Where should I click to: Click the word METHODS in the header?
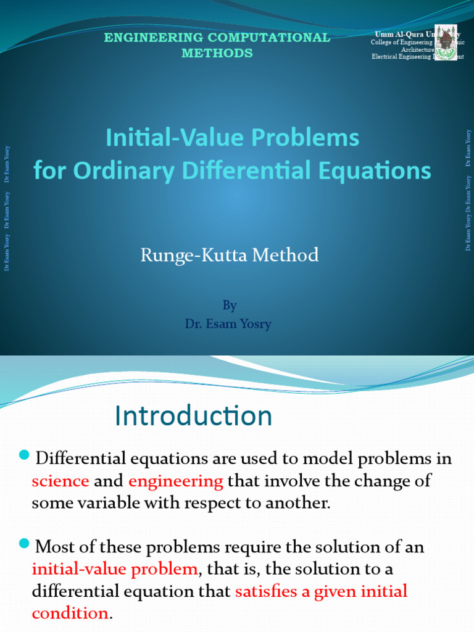coord(217,53)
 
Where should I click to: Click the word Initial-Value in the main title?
coord(171,138)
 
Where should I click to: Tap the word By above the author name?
coord(229,305)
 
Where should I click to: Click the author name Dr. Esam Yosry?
coord(228,323)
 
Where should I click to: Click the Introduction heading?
coord(193,416)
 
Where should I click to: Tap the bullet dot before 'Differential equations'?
coord(24,455)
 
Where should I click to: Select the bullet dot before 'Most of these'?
coord(24,543)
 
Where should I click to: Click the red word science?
coord(60,481)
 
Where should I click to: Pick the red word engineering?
coord(176,481)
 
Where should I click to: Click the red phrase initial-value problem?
coord(115,568)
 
